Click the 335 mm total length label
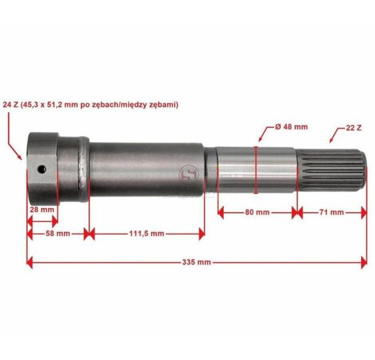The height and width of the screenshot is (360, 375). (x=196, y=262)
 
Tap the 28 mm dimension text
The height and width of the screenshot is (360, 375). (x=42, y=210)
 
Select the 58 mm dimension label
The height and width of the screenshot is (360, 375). (x=58, y=233)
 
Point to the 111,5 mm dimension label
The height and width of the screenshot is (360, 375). (x=147, y=233)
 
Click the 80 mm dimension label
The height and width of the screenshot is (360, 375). (x=257, y=212)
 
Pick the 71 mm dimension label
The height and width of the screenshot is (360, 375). (x=331, y=212)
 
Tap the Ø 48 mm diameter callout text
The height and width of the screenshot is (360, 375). (x=291, y=127)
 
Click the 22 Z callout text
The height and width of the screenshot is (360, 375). (x=354, y=128)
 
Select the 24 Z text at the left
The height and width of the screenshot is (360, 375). (x=11, y=105)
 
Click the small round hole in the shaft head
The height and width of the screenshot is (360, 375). (x=42, y=169)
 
